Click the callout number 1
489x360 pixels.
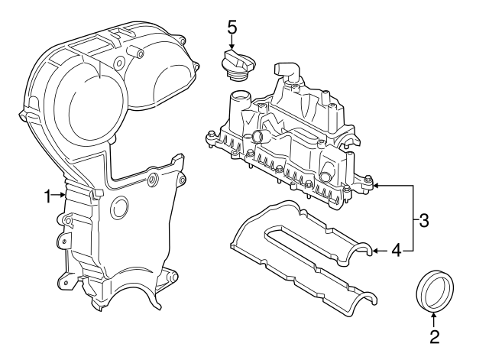[47, 196]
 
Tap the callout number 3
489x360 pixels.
[423, 221]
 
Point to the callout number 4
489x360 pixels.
[396, 249]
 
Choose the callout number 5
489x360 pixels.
[233, 26]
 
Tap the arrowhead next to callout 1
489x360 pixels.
[63, 196]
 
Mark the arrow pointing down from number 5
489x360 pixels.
[233, 46]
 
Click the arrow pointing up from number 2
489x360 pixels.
[434, 316]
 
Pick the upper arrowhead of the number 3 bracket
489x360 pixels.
[377, 185]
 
